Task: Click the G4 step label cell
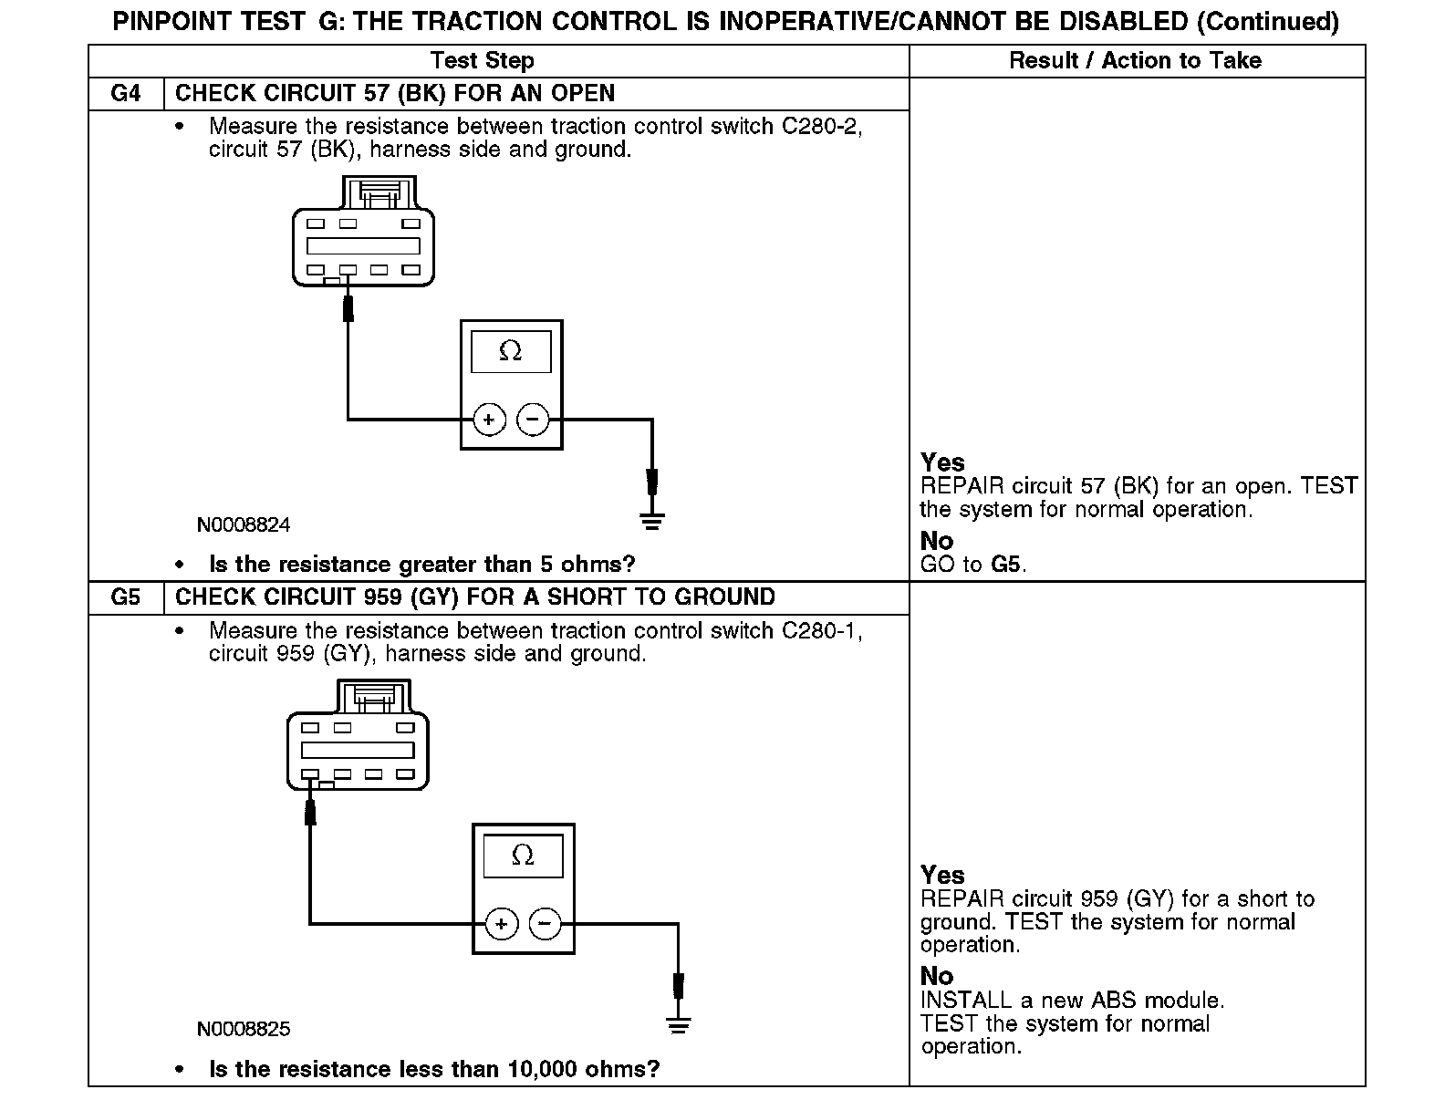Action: click(125, 94)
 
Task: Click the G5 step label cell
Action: click(125, 597)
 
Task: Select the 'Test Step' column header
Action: click(482, 61)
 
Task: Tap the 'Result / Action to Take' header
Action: click(1135, 61)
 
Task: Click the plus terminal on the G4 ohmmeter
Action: click(489, 420)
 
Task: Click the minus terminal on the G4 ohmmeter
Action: click(533, 420)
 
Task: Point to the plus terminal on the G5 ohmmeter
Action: click(501, 924)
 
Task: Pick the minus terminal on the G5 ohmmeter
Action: click(545, 924)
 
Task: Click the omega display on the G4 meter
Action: click(511, 351)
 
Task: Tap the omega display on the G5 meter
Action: click(523, 856)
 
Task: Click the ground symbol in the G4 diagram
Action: click(651, 522)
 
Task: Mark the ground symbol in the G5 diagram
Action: click(678, 1025)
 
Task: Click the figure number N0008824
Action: click(244, 525)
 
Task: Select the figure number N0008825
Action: click(244, 1029)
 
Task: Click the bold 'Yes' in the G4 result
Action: click(942, 462)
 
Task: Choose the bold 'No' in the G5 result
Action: click(936, 976)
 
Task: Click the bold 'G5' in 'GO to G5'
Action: click(1005, 565)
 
